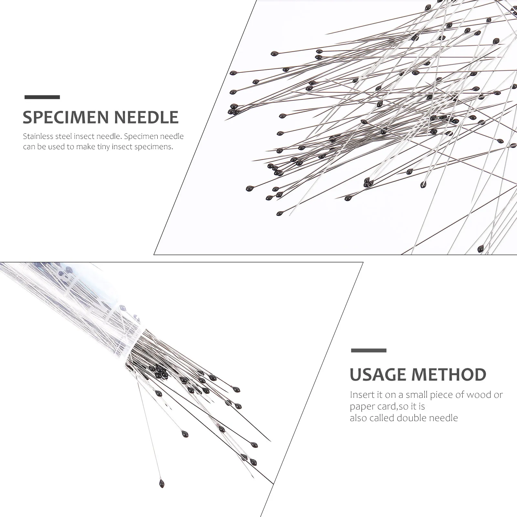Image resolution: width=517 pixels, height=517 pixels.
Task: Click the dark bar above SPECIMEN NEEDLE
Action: pyautogui.click(x=42, y=97)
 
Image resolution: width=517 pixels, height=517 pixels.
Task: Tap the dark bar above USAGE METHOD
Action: pyautogui.click(x=369, y=350)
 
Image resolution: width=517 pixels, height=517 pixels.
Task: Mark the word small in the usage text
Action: pyautogui.click(x=413, y=395)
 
